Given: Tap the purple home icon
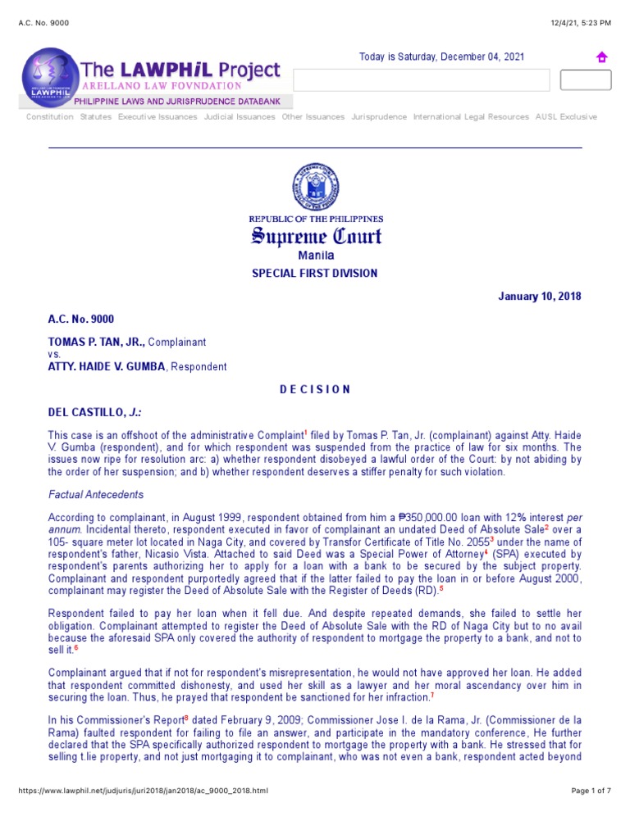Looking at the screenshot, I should (x=601, y=57).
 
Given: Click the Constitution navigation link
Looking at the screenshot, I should (x=49, y=117).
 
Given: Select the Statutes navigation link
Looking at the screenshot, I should (x=96, y=117).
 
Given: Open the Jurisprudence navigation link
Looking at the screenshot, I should (x=379, y=117).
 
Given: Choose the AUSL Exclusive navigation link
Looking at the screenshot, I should (x=566, y=117).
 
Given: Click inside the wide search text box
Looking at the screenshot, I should (x=421, y=80).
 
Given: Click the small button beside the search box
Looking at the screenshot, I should (x=585, y=80).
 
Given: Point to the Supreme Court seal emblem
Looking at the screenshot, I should (x=315, y=187).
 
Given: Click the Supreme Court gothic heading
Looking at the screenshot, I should (x=315, y=238).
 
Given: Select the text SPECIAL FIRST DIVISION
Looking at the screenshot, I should (x=315, y=274).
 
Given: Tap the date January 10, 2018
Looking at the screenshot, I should (x=540, y=297).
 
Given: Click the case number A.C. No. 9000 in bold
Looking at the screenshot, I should (x=81, y=320).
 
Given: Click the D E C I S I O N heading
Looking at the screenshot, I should (x=315, y=389).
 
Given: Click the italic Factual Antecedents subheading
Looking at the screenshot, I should (x=96, y=495).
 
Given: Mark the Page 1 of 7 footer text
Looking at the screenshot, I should (x=591, y=791).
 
